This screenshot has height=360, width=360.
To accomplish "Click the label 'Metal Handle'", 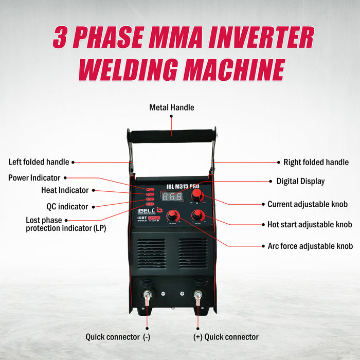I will (172, 107).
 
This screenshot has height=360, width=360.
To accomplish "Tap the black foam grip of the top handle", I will (172, 136).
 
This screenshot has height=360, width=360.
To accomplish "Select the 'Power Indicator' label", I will (34, 178).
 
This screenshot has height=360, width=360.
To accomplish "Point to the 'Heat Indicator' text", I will (65, 190).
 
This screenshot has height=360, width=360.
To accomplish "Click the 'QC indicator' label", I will (64, 207).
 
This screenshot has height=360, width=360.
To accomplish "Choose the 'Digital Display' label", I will (300, 181).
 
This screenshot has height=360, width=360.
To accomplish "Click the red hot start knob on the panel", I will (196, 214).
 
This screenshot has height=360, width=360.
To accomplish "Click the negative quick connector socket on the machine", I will (148, 295).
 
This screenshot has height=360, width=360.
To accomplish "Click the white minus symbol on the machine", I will (163, 294).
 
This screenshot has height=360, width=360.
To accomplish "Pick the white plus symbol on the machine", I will (182, 294).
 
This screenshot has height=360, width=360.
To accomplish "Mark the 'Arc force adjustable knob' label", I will (310, 246).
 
